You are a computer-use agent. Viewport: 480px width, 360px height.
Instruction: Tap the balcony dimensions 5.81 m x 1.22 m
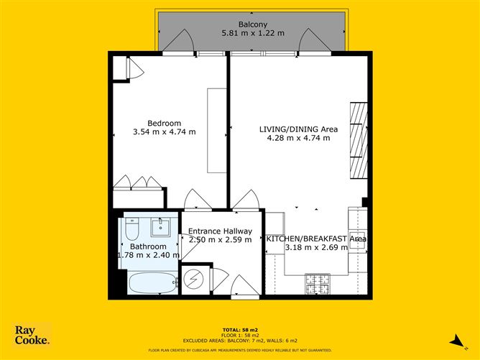[253, 33]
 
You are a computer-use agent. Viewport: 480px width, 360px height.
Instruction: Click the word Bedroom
[165, 122]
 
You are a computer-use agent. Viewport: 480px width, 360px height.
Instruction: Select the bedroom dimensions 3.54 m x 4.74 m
[165, 131]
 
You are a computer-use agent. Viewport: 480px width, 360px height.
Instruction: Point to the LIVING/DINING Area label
[298, 129]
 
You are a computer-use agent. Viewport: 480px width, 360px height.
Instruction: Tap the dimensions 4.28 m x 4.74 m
[298, 138]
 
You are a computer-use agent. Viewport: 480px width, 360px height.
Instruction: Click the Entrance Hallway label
[220, 231]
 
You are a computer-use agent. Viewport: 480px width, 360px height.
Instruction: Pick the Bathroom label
[148, 246]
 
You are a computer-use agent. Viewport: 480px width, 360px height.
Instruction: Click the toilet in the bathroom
[131, 230]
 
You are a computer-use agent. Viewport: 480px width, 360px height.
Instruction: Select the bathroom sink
[161, 228]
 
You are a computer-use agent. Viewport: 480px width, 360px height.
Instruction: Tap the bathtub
[152, 283]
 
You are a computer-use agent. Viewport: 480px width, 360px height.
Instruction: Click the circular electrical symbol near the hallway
[193, 279]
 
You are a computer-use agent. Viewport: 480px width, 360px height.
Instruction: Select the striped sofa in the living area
[359, 140]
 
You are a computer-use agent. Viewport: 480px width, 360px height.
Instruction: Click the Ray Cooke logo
[32, 335]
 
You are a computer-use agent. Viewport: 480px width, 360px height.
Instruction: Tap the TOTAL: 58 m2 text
[240, 326]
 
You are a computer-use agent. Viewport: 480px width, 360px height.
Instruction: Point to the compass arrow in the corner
[453, 340]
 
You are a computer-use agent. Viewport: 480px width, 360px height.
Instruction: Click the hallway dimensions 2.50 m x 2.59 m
[220, 240]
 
